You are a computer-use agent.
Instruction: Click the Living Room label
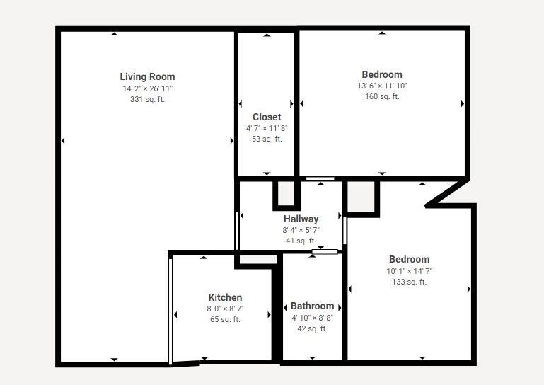tap(147, 76)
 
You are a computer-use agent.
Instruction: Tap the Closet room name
tap(267, 117)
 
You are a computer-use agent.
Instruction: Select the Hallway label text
tap(301, 219)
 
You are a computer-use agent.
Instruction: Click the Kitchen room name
tap(225, 297)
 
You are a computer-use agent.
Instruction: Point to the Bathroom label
tap(312, 306)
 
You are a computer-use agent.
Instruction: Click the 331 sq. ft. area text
tap(147, 99)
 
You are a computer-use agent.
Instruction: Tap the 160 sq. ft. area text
tap(382, 96)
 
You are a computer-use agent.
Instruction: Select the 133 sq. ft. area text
tap(410, 282)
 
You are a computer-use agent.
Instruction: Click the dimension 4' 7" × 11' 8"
tap(267, 128)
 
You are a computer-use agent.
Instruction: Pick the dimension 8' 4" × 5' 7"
tap(301, 230)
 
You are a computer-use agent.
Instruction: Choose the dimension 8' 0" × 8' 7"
tap(225, 309)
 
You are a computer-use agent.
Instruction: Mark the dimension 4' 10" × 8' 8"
tap(312, 318)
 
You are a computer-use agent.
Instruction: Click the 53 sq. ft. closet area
tap(267, 139)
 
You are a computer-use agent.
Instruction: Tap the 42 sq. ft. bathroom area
tap(312, 328)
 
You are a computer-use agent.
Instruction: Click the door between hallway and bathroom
tap(325, 252)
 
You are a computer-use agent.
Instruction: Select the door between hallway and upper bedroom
tap(320, 179)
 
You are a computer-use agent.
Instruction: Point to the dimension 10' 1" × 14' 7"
tap(410, 271)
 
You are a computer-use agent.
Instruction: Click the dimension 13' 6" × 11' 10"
tap(382, 86)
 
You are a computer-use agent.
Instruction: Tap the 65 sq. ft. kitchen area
tap(225, 319)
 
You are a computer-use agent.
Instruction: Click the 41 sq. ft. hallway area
tap(301, 241)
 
